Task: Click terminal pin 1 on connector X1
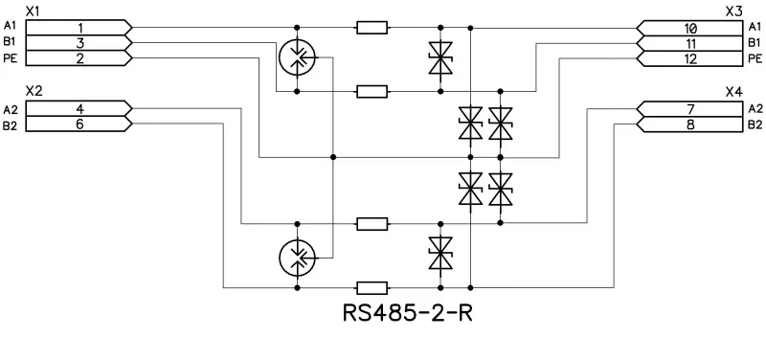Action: [80, 28]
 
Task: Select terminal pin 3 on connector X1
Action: [80, 44]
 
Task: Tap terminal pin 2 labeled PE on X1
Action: [80, 59]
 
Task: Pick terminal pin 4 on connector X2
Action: [80, 108]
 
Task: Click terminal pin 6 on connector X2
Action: [80, 124]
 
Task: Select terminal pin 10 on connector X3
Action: [690, 28]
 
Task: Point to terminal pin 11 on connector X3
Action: [690, 44]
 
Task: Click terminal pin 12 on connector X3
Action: [690, 59]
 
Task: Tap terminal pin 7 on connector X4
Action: [690, 108]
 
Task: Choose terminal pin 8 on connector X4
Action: [690, 124]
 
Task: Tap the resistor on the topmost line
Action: [371, 28]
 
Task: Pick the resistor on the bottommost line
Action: [371, 286]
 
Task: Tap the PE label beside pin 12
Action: [754, 59]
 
